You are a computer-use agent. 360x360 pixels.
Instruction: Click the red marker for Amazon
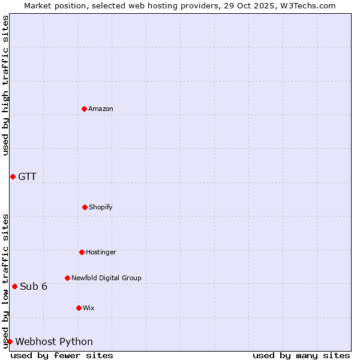84,109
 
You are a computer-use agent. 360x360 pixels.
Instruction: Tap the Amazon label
101,109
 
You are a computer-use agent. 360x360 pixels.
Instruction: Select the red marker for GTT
13,176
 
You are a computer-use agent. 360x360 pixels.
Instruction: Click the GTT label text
27,176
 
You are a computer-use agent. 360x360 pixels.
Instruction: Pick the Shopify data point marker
85,207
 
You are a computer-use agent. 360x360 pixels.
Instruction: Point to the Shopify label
101,207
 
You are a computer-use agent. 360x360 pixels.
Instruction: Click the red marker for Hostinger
82,252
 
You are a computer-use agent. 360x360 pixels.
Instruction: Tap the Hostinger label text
101,252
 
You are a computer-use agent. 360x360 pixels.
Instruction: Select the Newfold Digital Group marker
67,278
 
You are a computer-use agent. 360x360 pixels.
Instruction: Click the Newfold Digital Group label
106,278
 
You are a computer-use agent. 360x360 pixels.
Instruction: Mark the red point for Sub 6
14,286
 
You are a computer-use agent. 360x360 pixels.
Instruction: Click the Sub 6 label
34,286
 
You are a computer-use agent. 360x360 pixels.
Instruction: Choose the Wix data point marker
79,308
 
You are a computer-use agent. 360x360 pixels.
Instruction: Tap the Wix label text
89,308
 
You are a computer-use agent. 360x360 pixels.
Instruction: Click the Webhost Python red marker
10,341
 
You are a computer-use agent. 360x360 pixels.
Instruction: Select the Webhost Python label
54,341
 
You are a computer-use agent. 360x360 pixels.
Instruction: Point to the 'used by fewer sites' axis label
62,355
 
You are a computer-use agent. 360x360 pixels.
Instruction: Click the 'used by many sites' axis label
301,355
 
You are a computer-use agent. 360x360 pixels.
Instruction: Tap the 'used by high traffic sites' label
5,85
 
